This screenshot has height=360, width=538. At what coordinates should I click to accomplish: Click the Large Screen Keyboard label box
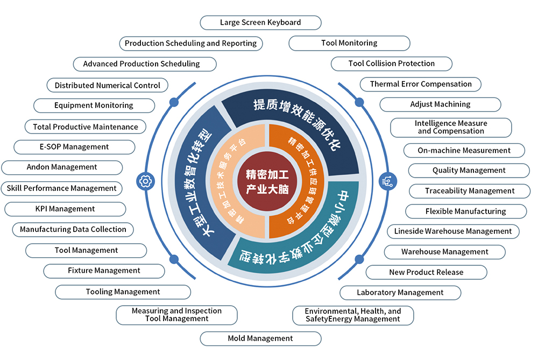point(260,23)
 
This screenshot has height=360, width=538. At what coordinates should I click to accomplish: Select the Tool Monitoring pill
point(349,43)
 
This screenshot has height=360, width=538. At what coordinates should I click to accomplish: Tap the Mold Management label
point(260,338)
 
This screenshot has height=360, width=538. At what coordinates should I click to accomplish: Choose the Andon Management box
point(62,167)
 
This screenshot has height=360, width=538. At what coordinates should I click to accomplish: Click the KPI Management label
point(65,209)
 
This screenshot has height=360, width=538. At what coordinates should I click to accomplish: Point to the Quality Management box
point(469,171)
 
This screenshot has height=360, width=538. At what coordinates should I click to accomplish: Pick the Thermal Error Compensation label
point(421,84)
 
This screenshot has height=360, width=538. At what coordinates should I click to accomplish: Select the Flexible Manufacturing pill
point(466,211)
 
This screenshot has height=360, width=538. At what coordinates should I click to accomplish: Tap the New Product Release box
point(427,272)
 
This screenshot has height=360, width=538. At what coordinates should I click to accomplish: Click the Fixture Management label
point(104,271)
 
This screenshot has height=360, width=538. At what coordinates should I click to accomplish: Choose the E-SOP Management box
point(74,147)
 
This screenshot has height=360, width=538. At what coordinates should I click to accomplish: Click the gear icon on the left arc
point(145,181)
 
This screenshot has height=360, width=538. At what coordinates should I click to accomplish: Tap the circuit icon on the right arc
point(388,181)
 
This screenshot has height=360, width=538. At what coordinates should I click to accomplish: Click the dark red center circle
point(267,181)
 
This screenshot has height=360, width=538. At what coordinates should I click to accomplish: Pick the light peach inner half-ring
point(237,181)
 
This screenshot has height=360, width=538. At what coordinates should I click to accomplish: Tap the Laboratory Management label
point(400,293)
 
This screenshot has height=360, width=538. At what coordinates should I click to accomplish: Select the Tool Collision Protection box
point(392,64)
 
